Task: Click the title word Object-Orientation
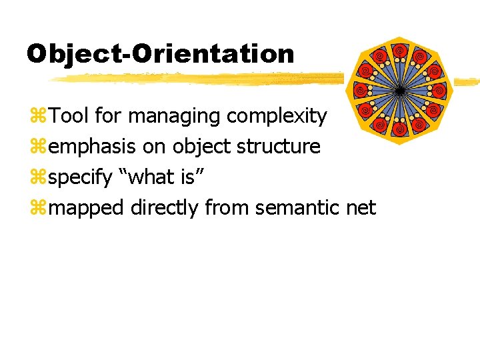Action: (x=160, y=53)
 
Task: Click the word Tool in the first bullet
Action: (x=69, y=116)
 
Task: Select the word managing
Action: (x=175, y=116)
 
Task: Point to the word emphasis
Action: (x=94, y=147)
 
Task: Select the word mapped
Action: (x=87, y=209)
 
